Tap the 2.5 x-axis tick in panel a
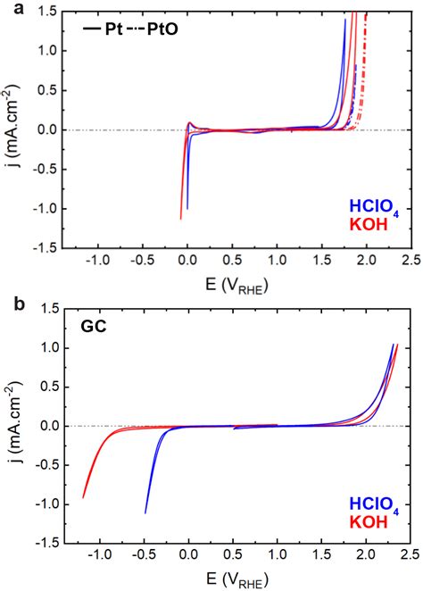tap(411, 260)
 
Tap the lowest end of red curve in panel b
tap(83, 497)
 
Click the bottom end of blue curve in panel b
tap(145, 512)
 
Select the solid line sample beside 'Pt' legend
tap(90, 29)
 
